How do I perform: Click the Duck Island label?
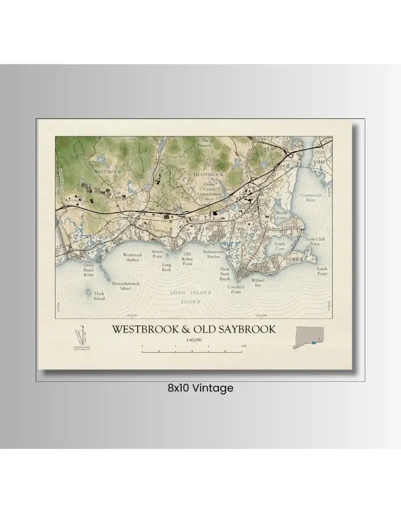pos(99,296)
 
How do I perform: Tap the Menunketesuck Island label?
pos(126,286)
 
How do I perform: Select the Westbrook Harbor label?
pos(132,257)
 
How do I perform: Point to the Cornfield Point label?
pos(236,289)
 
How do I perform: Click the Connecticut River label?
pos(311,197)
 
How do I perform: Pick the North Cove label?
pos(282,215)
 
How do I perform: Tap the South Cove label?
pos(279,246)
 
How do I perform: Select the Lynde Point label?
pos(322,271)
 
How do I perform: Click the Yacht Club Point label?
pos(315,241)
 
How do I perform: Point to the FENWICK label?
pos(293,260)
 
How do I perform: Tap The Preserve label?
pos(205,143)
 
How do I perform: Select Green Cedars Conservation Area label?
pos(209,191)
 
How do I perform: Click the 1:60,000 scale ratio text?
pos(194,340)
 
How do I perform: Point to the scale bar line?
pos(192,352)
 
